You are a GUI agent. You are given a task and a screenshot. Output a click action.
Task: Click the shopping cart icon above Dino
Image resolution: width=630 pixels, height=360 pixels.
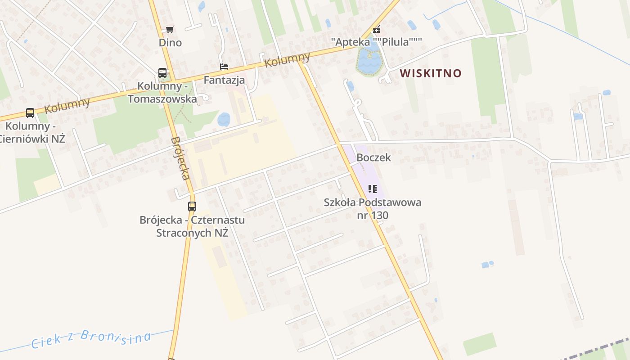pyautogui.click(x=170, y=30)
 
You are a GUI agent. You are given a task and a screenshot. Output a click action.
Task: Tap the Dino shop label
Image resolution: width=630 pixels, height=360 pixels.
pyautogui.click(x=170, y=43)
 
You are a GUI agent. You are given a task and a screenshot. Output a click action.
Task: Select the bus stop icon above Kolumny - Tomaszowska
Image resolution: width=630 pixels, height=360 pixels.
pyautogui.click(x=162, y=72)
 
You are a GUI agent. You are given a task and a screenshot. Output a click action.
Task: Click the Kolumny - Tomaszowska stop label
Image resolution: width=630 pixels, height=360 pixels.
pyautogui.click(x=162, y=92)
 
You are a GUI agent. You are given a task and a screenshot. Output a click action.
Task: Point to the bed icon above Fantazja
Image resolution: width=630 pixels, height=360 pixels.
pyautogui.click(x=224, y=67)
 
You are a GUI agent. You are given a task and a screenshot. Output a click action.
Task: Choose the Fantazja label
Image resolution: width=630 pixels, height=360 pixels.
pyautogui.click(x=224, y=80)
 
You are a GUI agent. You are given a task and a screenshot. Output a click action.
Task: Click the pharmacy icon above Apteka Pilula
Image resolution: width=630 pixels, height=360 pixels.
pyautogui.click(x=377, y=30)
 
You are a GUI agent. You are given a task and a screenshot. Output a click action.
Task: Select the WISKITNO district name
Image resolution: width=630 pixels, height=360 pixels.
pyautogui.click(x=431, y=73)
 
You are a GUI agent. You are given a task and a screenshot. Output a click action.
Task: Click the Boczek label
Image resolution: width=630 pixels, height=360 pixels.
pyautogui.click(x=373, y=158)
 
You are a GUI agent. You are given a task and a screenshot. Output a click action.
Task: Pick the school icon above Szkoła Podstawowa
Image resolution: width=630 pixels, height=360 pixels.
pyautogui.click(x=372, y=189)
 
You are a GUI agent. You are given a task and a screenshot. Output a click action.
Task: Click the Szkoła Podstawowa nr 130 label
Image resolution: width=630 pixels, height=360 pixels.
pyautogui.click(x=373, y=209)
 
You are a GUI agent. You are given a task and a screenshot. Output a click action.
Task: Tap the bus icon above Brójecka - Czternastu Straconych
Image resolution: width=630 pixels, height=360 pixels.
pyautogui.click(x=192, y=207)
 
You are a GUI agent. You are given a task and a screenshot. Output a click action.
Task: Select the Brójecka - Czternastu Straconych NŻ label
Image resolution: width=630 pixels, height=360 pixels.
pyautogui.click(x=192, y=226)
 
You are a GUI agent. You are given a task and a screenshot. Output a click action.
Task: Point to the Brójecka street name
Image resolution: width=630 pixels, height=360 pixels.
pyautogui.click(x=180, y=158)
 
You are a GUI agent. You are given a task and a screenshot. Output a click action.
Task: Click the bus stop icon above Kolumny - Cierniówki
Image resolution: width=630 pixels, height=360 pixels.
pyautogui.click(x=30, y=112)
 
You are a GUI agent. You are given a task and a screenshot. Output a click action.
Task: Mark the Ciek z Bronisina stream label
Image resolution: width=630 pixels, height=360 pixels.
pyautogui.click(x=90, y=338)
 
